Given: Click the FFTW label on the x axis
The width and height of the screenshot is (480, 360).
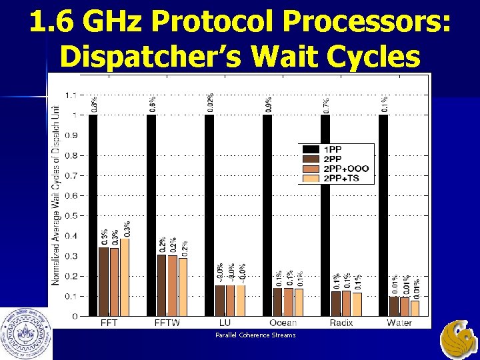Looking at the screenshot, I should [167, 323].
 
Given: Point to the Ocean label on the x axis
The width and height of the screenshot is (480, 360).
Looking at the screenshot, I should [283, 323].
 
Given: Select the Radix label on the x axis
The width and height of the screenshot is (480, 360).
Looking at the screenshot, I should [341, 323].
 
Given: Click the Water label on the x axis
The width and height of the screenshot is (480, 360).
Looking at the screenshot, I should [399, 323].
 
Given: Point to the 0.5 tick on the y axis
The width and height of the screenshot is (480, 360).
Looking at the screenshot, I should [70, 215].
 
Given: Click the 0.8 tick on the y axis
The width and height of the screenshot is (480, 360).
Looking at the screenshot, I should [70, 155].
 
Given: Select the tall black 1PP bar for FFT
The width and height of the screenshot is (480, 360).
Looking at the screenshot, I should [93, 213].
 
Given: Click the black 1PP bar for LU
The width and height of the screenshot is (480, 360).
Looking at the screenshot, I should [209, 213].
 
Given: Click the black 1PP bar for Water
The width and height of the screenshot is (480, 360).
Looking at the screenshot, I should [383, 213].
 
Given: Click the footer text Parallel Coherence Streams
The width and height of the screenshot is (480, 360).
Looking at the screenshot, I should [255, 335].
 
